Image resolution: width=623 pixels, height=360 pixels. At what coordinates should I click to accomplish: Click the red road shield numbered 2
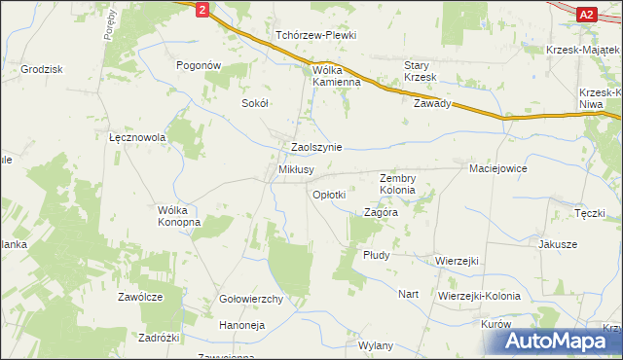coord(201,9)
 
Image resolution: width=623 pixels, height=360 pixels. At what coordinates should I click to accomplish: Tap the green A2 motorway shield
coord(586,14)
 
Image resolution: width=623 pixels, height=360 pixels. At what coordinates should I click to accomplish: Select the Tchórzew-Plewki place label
coord(315,35)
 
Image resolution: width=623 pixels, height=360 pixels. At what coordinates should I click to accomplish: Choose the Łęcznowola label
coord(137,138)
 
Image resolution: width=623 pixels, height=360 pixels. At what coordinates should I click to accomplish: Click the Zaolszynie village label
coord(316,147)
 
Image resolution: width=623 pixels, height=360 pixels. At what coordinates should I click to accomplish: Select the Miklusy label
coord(296,169)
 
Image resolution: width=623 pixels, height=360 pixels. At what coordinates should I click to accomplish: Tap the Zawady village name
coord(432,103)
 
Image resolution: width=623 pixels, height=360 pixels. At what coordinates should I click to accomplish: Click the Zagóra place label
coord(381,211)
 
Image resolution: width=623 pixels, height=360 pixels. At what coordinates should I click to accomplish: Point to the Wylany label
coord(375,345)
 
